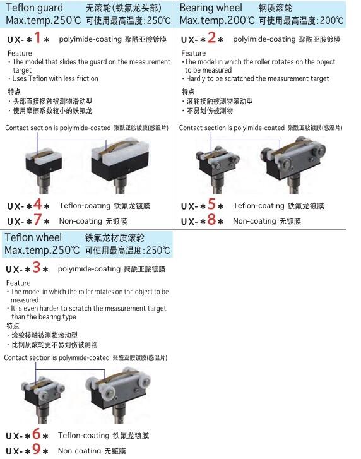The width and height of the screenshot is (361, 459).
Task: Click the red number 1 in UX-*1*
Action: tap(37, 37)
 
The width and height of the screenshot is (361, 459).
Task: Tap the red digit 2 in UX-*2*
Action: tap(211, 37)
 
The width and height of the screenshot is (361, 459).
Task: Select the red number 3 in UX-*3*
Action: tap(36, 267)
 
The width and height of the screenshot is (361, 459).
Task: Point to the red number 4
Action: tap(38, 204)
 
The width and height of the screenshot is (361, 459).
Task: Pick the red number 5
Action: tap(211, 204)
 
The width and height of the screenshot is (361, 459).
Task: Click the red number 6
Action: tap(36, 434)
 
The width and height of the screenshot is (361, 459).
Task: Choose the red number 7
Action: tap(37, 219)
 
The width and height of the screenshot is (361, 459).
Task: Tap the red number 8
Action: tap(211, 219)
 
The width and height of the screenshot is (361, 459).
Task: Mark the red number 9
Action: tap(36, 449)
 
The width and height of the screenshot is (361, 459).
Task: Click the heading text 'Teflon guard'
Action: tap(34, 8)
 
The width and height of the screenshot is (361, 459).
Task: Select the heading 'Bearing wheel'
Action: tap(211, 8)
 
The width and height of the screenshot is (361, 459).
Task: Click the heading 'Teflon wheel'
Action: tap(33, 237)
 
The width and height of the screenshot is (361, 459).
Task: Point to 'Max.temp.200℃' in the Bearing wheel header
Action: tap(217, 20)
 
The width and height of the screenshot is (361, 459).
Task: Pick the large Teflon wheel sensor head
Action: tap(118, 395)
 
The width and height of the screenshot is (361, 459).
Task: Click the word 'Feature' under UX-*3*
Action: tap(18, 283)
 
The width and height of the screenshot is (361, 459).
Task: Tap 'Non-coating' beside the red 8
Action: tap(254, 221)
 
